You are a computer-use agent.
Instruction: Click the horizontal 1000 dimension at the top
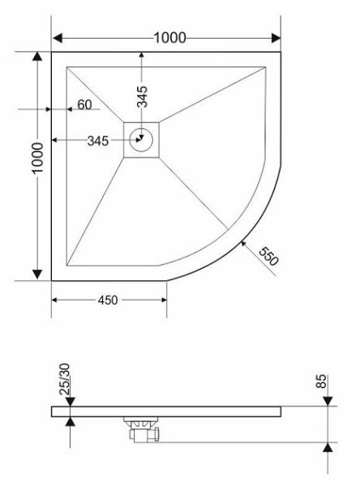click(x=169, y=38)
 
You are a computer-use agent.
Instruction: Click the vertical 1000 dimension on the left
click(x=38, y=159)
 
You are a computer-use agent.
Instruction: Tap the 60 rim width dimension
click(x=84, y=104)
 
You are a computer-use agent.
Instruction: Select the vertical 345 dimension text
click(x=143, y=96)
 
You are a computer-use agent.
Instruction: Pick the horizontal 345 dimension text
click(x=98, y=141)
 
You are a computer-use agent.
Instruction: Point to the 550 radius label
click(x=268, y=256)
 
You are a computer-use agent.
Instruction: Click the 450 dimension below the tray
click(x=108, y=300)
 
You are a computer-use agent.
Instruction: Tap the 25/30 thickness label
click(x=65, y=379)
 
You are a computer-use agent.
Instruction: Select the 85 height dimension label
click(x=321, y=382)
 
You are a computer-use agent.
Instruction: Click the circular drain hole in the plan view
click(x=141, y=140)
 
